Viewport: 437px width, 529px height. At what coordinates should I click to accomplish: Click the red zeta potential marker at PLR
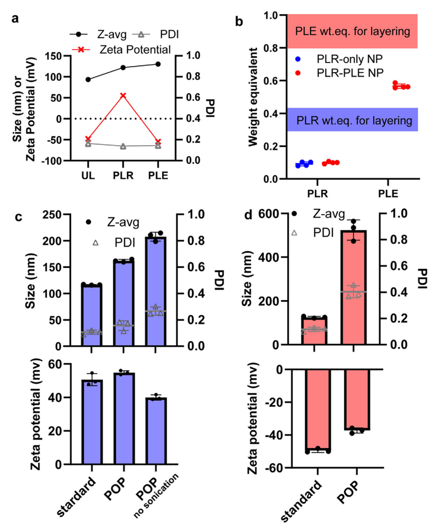click(123, 96)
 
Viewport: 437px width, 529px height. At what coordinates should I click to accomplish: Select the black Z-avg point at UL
click(88, 80)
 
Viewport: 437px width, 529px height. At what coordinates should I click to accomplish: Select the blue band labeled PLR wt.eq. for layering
click(352, 120)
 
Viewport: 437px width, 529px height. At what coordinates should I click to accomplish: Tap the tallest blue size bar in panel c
click(156, 293)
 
